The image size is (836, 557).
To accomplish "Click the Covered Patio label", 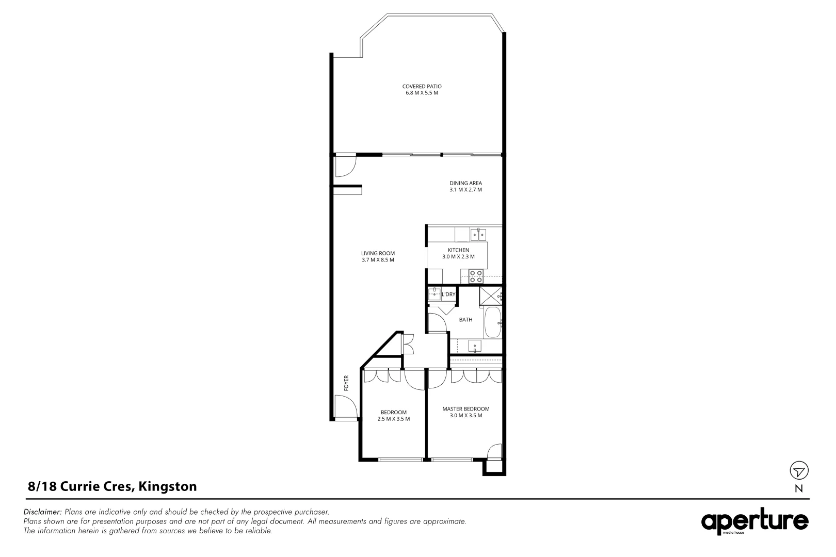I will coord(422,87).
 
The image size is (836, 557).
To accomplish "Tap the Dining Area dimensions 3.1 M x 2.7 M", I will coord(465,190).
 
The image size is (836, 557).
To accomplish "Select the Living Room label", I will coord(378,253).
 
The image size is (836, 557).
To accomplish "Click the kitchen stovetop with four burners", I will coord(475,276).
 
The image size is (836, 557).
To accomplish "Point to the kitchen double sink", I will coord(478,235).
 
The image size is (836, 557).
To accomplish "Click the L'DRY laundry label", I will coord(448,294).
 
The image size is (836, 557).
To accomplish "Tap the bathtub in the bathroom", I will coord(493,323).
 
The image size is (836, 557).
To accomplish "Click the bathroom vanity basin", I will coord(475,346).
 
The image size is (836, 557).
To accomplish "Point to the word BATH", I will coord(465,320).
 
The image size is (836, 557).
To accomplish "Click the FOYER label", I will coord(346,383).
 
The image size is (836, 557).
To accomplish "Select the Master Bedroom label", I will coord(465,409).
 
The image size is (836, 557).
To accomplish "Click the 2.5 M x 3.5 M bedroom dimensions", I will coord(393,419).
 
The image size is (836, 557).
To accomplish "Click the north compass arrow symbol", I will coord(799,471).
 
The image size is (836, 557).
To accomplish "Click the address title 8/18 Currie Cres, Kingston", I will coord(112,486).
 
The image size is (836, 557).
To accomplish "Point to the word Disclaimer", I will coord(43,512).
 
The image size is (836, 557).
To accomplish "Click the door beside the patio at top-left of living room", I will coord(344,166).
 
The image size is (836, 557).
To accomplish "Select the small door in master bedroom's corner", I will coord(494,452).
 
